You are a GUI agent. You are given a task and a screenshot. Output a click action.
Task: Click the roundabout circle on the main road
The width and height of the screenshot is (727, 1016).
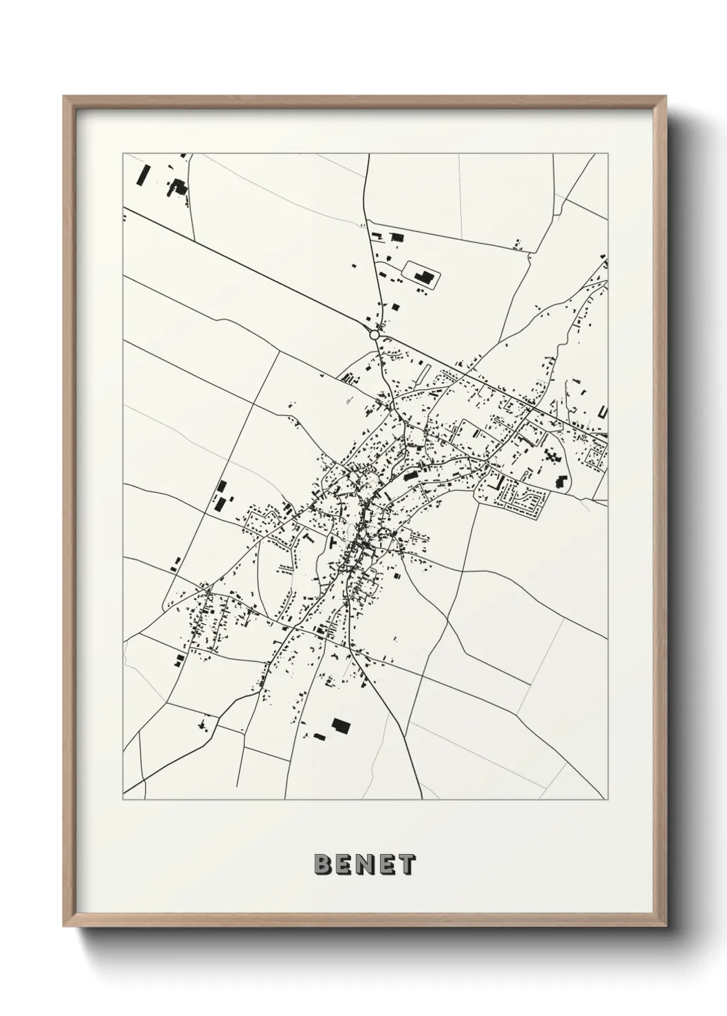374,335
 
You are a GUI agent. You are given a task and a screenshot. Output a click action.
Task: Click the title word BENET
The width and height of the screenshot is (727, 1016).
364,864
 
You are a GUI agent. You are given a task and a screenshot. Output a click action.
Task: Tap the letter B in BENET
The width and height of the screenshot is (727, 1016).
322,864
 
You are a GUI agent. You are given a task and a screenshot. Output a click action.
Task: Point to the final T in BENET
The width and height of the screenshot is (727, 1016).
407,864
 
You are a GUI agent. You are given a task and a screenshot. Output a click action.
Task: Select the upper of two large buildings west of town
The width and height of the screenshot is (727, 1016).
221,487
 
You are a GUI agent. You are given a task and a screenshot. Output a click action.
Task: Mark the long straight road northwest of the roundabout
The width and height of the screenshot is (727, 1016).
247,270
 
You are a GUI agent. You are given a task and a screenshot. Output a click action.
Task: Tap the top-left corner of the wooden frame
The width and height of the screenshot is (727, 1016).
65,98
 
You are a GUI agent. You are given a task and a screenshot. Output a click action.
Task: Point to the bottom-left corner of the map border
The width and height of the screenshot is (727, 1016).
123,800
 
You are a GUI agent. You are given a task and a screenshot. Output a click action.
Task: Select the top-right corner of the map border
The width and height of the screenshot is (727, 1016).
607,154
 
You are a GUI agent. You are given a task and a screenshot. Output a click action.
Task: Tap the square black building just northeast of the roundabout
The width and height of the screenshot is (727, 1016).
396,238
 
